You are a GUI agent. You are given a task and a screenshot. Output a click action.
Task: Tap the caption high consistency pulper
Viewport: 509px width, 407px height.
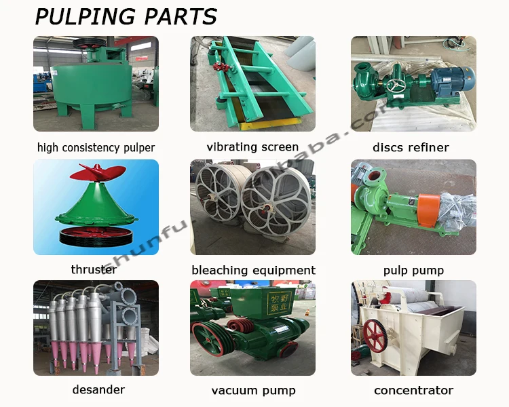click(x=96, y=147)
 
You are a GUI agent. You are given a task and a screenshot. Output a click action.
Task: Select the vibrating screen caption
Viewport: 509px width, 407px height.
click(x=252, y=147)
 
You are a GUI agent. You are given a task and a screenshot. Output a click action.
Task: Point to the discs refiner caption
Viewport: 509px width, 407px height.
click(x=411, y=147)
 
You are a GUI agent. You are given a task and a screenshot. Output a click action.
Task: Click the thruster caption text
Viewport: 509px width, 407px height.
click(x=94, y=269)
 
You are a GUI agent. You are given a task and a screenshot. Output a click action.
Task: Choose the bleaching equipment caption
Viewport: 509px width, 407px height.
click(x=253, y=270)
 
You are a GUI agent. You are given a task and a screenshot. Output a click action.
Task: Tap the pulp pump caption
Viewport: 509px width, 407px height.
click(x=413, y=270)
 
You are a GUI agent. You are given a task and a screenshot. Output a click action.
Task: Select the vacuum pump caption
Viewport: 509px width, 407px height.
click(x=252, y=390)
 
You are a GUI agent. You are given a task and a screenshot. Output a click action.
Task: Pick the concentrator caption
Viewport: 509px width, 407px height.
click(x=413, y=390)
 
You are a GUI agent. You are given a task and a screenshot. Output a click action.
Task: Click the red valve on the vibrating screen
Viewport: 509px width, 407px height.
click(x=220, y=67)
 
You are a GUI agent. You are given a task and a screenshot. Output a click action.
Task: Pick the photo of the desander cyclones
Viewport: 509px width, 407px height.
click(x=96, y=328)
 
